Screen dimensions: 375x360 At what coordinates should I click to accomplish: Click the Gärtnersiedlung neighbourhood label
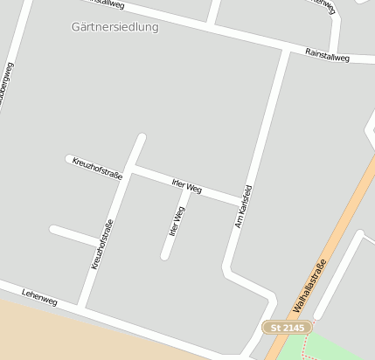tap(115, 27)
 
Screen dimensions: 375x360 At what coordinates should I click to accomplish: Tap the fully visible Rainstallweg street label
tap(327, 56)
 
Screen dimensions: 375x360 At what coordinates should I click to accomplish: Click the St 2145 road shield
tap(287, 327)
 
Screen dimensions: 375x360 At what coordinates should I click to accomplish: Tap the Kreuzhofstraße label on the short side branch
tap(98, 168)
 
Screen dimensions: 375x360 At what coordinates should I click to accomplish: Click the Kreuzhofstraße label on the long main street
tap(102, 243)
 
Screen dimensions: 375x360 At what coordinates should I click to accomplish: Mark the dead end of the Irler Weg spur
tap(164, 256)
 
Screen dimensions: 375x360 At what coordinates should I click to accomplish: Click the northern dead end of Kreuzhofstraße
tap(141, 137)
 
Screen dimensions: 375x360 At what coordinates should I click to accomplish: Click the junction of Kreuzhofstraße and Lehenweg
tap(82, 307)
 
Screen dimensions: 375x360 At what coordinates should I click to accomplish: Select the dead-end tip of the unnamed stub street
tap(53, 230)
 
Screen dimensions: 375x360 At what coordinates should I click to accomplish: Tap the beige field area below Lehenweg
tap(70, 336)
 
